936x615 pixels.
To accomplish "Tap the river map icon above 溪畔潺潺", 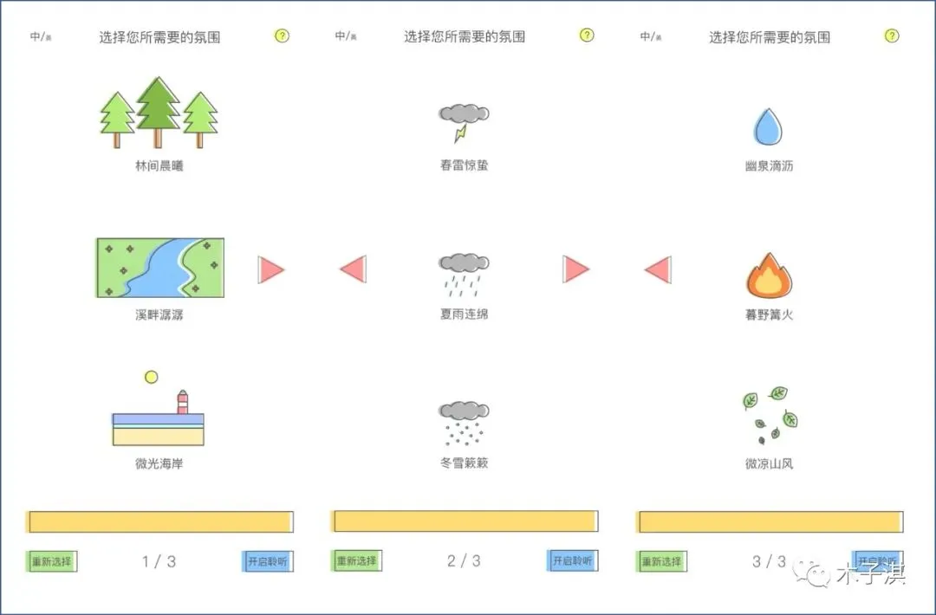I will pos(159,268).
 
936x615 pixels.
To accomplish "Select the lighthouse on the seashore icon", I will pos(183,402).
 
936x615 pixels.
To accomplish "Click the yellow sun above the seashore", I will pos(152,377).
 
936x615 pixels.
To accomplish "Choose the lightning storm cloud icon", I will pos(464,122).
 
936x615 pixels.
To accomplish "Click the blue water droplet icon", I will pos(768,126).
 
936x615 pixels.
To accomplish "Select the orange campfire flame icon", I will pos(769,276).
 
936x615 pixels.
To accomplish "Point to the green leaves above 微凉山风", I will pos(770,414).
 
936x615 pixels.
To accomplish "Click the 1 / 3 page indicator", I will pos(159,561).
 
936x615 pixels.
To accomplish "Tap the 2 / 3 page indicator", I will pos(464,561).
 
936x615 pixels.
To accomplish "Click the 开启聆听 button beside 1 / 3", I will pos(267,561).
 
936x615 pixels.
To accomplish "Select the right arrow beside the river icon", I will pos(271,270).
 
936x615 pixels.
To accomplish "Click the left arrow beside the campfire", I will pos(659,269).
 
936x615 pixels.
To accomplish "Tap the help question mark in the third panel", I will pos(892,36).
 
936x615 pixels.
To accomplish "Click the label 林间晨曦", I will pos(159,165).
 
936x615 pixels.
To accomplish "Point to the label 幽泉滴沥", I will pos(769,165).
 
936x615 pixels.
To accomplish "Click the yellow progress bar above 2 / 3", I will pos(464,521).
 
